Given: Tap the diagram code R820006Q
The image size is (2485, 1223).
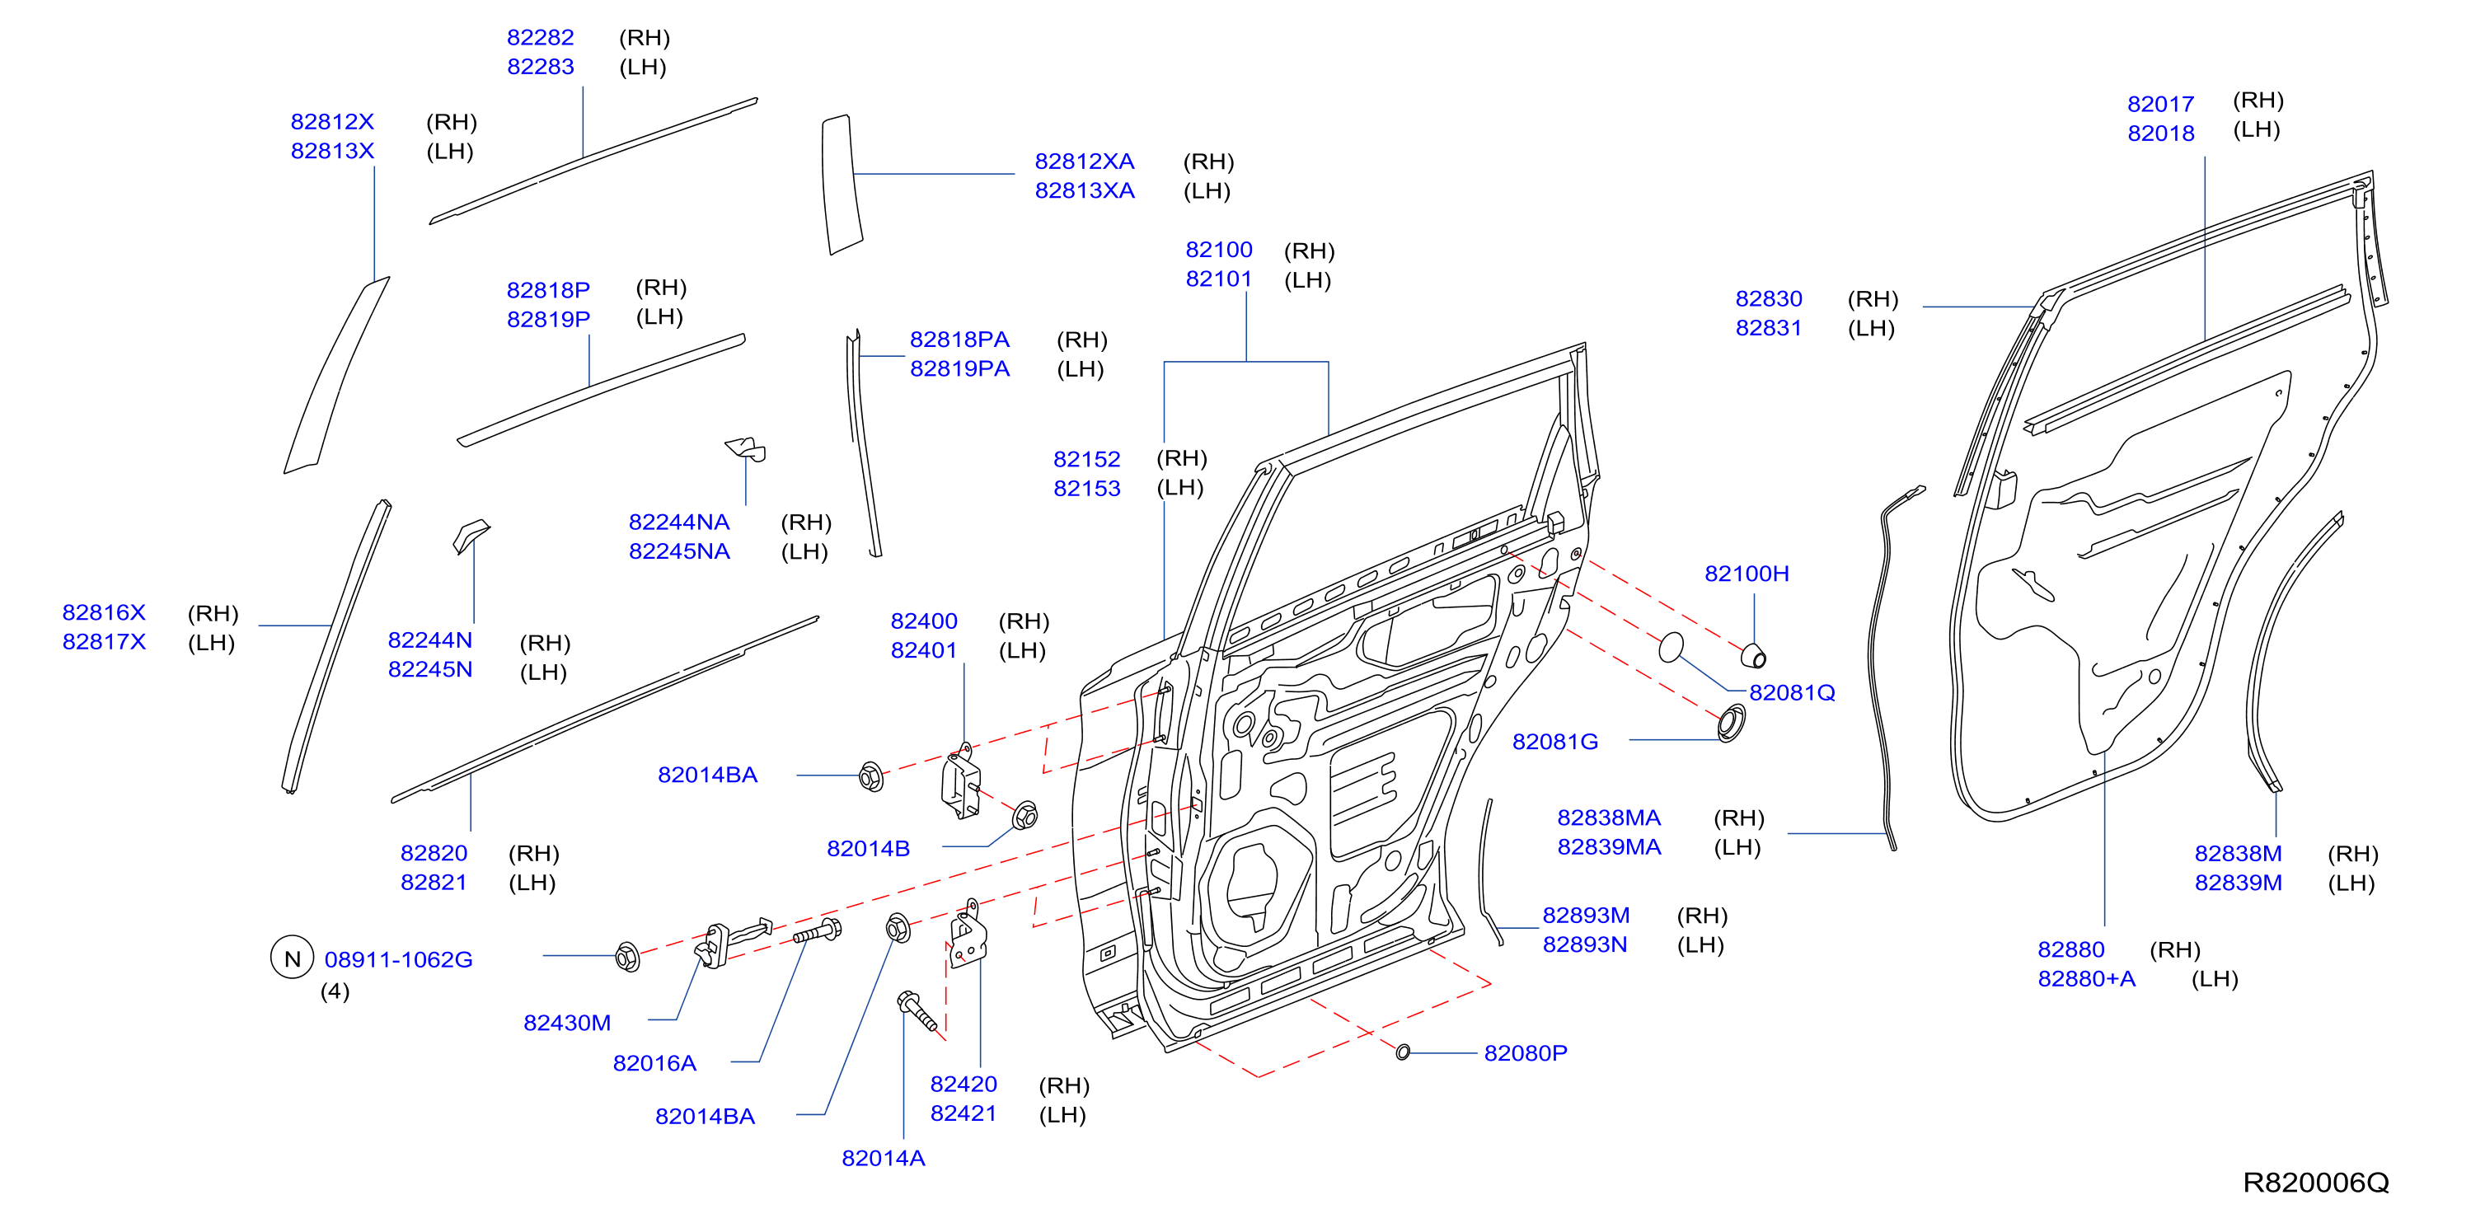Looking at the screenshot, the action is pos(2315,1182).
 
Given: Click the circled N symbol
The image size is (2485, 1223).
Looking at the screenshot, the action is pos(293,958).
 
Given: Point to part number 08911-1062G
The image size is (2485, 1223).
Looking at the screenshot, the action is pos(398,959).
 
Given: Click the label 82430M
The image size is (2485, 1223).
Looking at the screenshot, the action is pos(567,1023).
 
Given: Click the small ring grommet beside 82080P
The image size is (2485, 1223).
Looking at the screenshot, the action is pos(1403,1052).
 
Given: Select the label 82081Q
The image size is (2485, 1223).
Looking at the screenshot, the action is pos(1793,692).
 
